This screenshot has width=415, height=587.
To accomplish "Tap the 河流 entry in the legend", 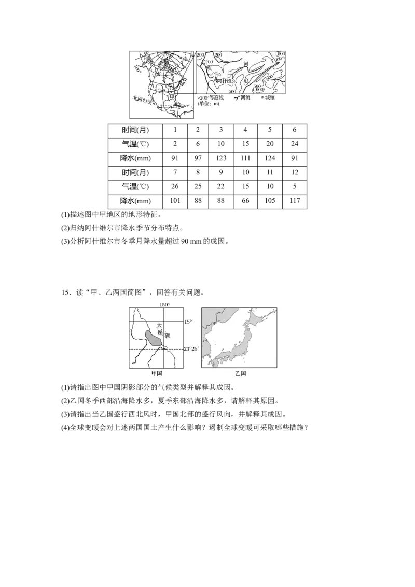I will pyautogui.click(x=242, y=97).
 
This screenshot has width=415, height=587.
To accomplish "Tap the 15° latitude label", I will pyautogui.click(x=188, y=322).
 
